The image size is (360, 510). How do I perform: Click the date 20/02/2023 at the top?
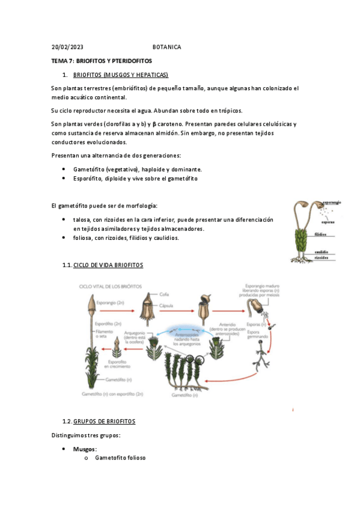pyautogui.click(x=67, y=47)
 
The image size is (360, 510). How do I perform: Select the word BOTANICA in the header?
pyautogui.click(x=166, y=47)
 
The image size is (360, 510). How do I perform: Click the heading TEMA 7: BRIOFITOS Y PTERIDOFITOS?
pyautogui.click(x=102, y=61)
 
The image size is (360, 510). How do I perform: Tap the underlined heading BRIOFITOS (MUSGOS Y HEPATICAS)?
pyautogui.click(x=120, y=75)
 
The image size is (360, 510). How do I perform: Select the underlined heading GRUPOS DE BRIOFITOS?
pyautogui.click(x=104, y=421)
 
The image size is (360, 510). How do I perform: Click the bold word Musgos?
pyautogui.click(x=85, y=449)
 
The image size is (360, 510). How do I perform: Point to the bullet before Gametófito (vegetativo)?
pyautogui.click(x=64, y=170)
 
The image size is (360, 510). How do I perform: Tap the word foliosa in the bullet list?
pyautogui.click(x=83, y=238)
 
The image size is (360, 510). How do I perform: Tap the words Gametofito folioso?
pyautogui.click(x=120, y=458)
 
